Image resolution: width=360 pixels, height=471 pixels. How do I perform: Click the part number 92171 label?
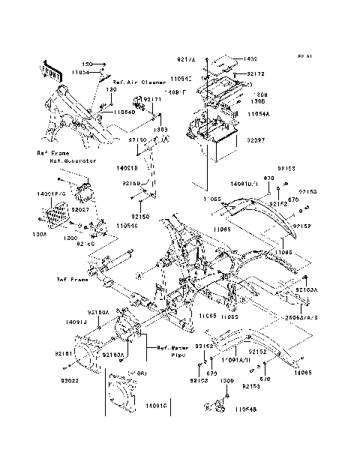pos(153,99)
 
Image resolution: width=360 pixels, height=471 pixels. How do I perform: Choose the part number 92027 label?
pos(81,211)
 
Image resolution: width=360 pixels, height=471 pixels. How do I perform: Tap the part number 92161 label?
pos(64,352)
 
